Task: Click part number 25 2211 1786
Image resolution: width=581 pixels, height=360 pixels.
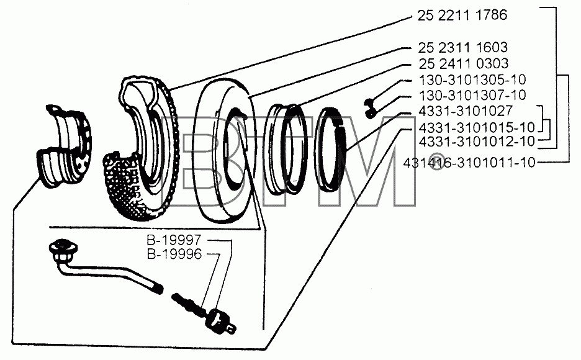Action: [x=462, y=15]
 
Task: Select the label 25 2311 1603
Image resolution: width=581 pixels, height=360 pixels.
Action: [x=463, y=47]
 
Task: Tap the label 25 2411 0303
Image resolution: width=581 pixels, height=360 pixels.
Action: [x=464, y=64]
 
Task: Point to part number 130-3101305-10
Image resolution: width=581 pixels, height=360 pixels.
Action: [x=472, y=79]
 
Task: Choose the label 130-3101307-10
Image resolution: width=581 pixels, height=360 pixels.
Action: [x=472, y=95]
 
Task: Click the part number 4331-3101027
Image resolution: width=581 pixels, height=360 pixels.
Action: [x=466, y=110]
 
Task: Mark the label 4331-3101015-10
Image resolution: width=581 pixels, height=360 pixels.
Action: [x=477, y=127]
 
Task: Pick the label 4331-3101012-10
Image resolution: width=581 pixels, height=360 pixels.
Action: [x=477, y=141]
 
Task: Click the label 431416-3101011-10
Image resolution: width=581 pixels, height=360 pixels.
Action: [x=469, y=162]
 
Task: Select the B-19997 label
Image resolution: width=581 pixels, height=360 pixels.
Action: [x=174, y=240]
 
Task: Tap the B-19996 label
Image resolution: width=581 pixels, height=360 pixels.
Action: [x=174, y=254]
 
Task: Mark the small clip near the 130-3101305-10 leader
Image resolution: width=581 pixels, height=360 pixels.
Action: [x=370, y=108]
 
